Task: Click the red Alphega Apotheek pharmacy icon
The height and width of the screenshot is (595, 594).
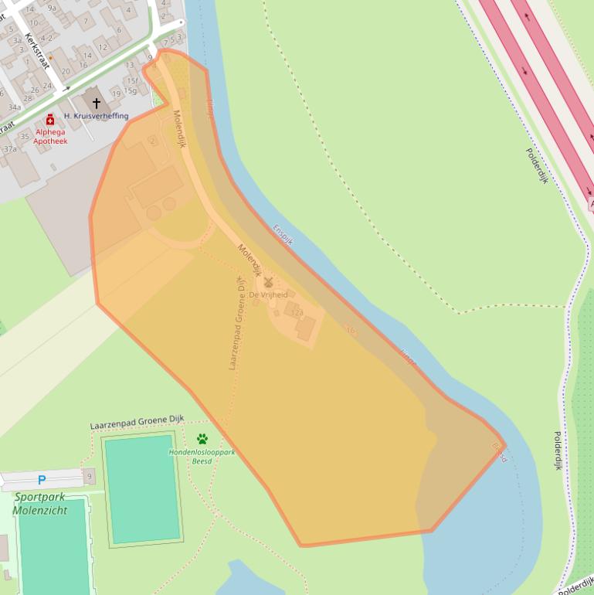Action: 50,120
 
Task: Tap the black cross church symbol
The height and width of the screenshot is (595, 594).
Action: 97,103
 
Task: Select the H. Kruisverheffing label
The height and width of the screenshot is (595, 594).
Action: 96,116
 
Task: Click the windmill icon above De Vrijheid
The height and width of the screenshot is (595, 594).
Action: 269,283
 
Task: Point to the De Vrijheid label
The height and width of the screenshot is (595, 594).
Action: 268,295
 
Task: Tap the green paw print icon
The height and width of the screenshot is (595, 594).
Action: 202,439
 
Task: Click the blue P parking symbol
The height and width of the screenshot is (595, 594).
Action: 42,480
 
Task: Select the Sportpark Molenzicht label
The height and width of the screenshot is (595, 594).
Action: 40,504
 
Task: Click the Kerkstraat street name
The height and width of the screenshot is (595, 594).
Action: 37,51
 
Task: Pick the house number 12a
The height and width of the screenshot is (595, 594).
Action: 297,313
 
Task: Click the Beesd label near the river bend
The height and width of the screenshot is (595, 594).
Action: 500,452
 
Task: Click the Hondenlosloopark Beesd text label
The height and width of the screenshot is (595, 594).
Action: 202,452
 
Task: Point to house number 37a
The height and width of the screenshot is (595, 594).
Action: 10,149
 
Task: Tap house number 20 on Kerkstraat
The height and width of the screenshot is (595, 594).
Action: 66,71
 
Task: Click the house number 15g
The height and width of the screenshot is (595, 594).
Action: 130,91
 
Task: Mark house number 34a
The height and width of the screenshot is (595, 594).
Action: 15,107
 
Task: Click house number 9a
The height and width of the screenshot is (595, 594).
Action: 52,8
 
